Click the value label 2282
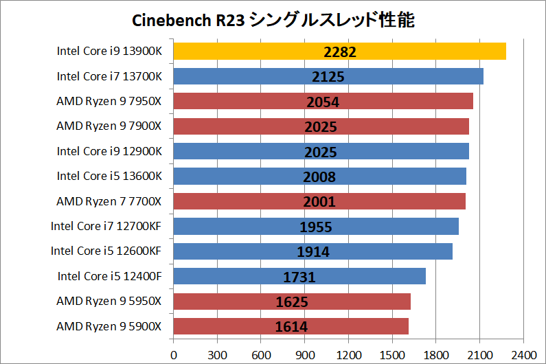point(339,52)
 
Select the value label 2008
point(319,177)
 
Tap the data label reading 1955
point(316,227)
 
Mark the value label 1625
point(292,302)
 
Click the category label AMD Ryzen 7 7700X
point(109,201)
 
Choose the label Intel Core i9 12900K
point(109,151)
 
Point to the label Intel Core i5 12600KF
point(106,251)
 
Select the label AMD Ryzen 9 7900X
point(109,126)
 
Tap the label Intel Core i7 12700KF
point(106,226)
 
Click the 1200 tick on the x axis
point(348,355)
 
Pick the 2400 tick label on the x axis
point(523,355)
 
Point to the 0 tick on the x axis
point(173,355)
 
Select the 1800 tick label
point(435,355)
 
